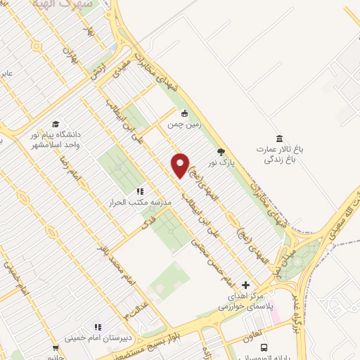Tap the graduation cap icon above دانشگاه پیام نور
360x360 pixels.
point(56,124)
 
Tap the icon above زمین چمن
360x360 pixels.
point(184,114)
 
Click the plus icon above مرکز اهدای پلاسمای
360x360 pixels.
point(245,285)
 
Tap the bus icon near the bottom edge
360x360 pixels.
point(264,347)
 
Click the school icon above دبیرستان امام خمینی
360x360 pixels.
point(98,327)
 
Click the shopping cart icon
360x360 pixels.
point(56,348)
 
